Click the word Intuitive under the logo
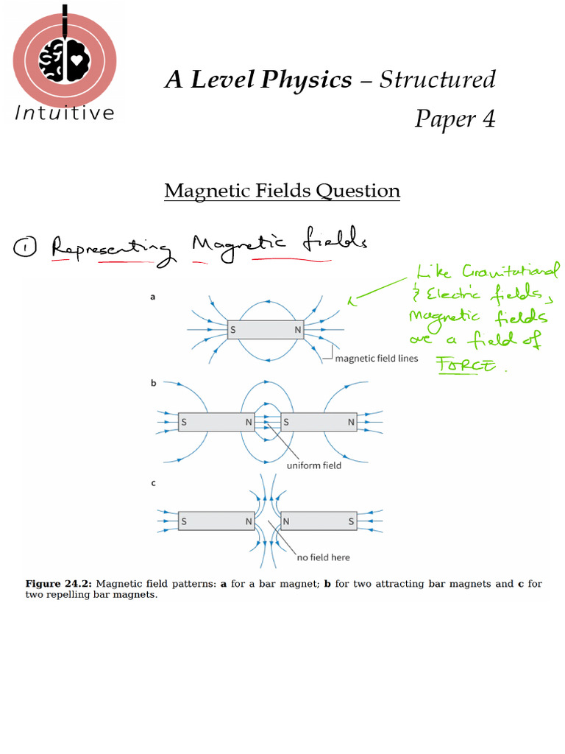(65, 113)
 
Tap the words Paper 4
(455, 118)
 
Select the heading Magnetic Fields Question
(282, 191)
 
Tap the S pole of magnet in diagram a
(233, 330)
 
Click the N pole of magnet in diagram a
(298, 330)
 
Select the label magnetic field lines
(377, 359)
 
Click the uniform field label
(314, 465)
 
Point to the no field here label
(324, 557)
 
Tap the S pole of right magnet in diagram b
(287, 422)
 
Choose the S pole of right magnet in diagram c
(351, 521)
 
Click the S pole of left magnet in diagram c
(184, 521)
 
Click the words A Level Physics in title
(258, 80)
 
